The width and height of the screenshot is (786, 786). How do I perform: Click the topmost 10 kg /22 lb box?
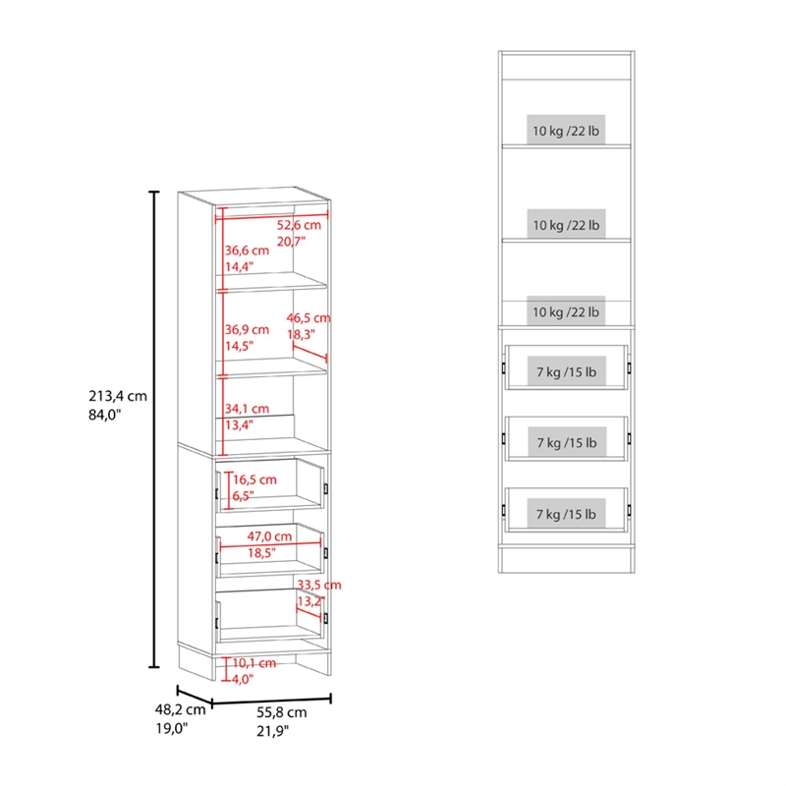(566, 131)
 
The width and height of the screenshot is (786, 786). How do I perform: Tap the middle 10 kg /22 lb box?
(566, 225)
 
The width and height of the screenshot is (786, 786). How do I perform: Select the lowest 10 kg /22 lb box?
(566, 311)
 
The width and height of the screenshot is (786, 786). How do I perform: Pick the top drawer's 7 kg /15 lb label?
(567, 371)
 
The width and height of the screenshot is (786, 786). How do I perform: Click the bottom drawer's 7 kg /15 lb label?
(567, 513)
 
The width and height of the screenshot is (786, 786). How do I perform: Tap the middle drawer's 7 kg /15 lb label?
(567, 442)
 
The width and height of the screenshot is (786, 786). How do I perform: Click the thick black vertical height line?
(154, 429)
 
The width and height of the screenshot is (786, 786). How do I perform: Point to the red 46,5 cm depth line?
(309, 353)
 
